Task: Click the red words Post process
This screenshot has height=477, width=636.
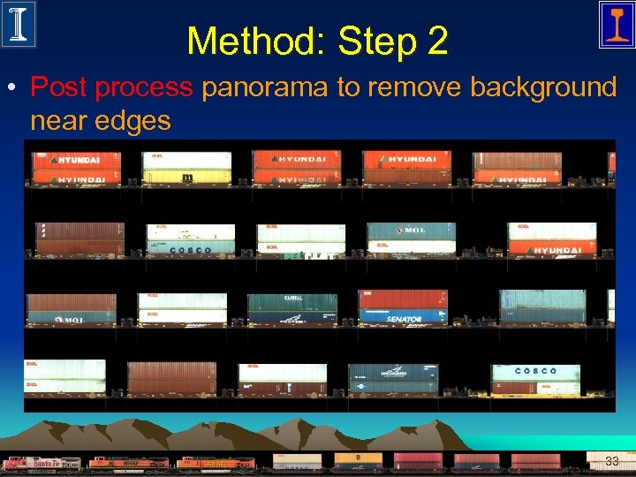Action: [x=111, y=87]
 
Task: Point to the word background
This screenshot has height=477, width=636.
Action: [x=542, y=87]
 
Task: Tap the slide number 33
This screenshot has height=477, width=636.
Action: [x=611, y=460]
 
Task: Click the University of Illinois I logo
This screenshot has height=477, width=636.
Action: [x=19, y=24]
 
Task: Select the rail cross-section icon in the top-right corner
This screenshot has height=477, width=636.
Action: [x=616, y=24]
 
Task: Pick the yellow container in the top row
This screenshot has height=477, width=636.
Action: [x=187, y=177]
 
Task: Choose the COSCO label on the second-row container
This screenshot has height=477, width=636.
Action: [x=191, y=249]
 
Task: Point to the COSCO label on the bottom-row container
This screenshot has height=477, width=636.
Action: [x=535, y=371]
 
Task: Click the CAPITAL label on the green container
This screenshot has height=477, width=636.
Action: [x=292, y=299]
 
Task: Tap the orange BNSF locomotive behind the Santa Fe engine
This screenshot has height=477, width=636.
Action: [x=129, y=463]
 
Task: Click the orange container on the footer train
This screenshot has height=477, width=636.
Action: [x=359, y=458]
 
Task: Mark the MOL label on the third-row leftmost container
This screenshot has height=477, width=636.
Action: [x=71, y=318]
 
